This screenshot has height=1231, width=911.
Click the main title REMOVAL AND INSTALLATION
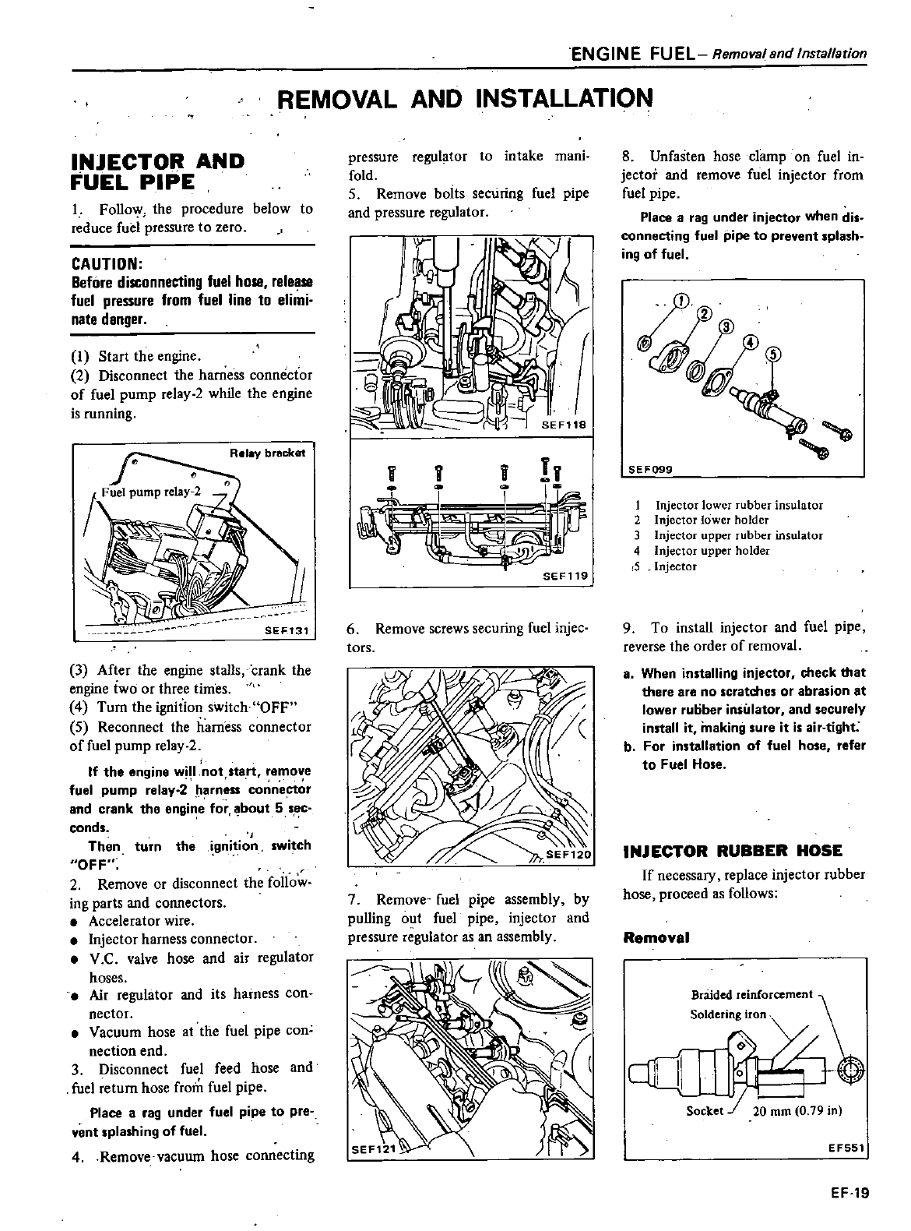(x=465, y=99)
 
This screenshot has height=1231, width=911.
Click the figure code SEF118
(x=570, y=425)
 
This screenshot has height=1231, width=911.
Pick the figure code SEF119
(x=570, y=577)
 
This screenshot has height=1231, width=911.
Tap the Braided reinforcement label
(x=751, y=995)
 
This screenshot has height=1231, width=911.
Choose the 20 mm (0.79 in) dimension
(x=797, y=1110)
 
